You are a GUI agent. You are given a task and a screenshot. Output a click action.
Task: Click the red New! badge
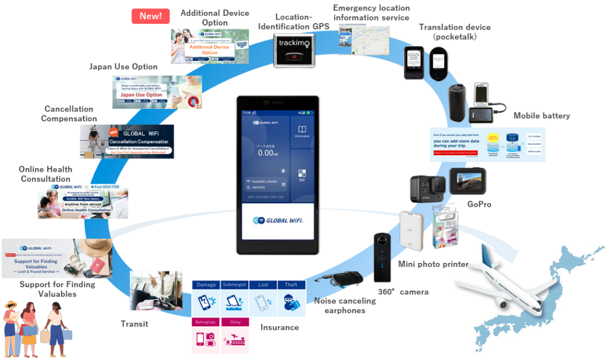point(150,16)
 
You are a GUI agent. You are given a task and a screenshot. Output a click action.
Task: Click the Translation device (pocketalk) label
point(454,31)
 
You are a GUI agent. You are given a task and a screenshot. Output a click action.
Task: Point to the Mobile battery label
point(541,115)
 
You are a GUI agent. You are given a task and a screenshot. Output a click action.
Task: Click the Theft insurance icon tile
point(291,300)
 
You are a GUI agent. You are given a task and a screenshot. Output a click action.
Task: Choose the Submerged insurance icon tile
point(234,300)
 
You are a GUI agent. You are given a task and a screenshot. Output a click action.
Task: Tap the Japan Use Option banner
point(157,92)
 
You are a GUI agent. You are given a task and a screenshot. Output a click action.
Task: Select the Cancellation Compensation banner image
point(127,142)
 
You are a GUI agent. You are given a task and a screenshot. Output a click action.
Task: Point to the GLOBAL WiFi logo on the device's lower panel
point(277,221)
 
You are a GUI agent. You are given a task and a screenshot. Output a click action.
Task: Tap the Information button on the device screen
point(302,131)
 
